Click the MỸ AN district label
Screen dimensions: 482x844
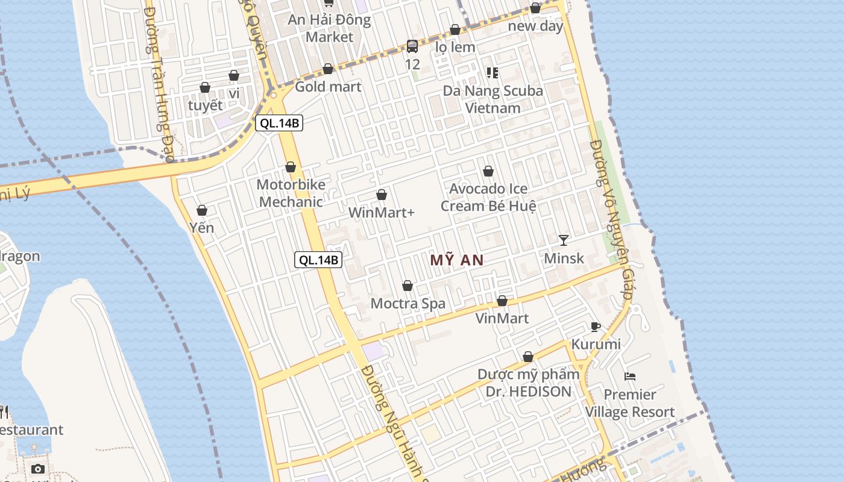pos(457,260)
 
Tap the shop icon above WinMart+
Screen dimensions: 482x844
pos(382,195)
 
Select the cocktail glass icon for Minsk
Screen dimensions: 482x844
pos(564,240)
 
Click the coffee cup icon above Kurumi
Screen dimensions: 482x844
pos(596,327)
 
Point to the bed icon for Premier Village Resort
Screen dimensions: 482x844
pos(630,377)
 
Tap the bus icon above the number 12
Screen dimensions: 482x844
pos(412,46)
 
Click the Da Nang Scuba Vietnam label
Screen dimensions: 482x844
pos(493,99)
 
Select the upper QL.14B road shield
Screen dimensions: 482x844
pos(279,124)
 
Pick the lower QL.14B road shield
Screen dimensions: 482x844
pos(318,260)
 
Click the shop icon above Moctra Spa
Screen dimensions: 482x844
pos(408,286)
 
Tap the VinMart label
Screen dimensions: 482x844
pos(502,318)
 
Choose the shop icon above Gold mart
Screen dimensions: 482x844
pos(328,69)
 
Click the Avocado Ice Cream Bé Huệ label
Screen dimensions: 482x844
pos(488,197)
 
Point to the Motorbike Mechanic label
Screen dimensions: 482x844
pos(291,193)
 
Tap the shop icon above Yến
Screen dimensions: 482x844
pos(202,210)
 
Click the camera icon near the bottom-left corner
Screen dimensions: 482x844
pos(38,469)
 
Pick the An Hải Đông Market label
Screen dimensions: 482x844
pos(329,28)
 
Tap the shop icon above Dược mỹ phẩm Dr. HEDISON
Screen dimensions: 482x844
pos(528,357)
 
